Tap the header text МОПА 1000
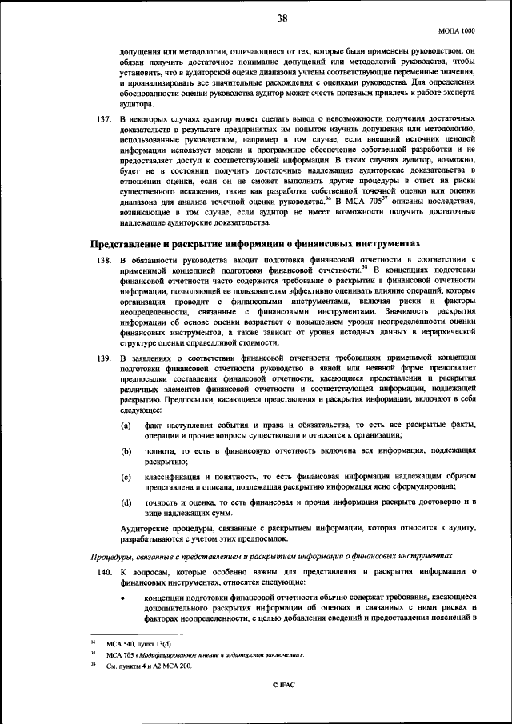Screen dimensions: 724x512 458,30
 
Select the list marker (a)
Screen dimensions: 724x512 126,424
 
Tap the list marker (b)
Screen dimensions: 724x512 126,452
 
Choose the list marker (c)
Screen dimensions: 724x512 126,478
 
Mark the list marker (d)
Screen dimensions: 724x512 126,502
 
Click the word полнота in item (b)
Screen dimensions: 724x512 159,452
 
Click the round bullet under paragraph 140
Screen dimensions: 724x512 126,597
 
